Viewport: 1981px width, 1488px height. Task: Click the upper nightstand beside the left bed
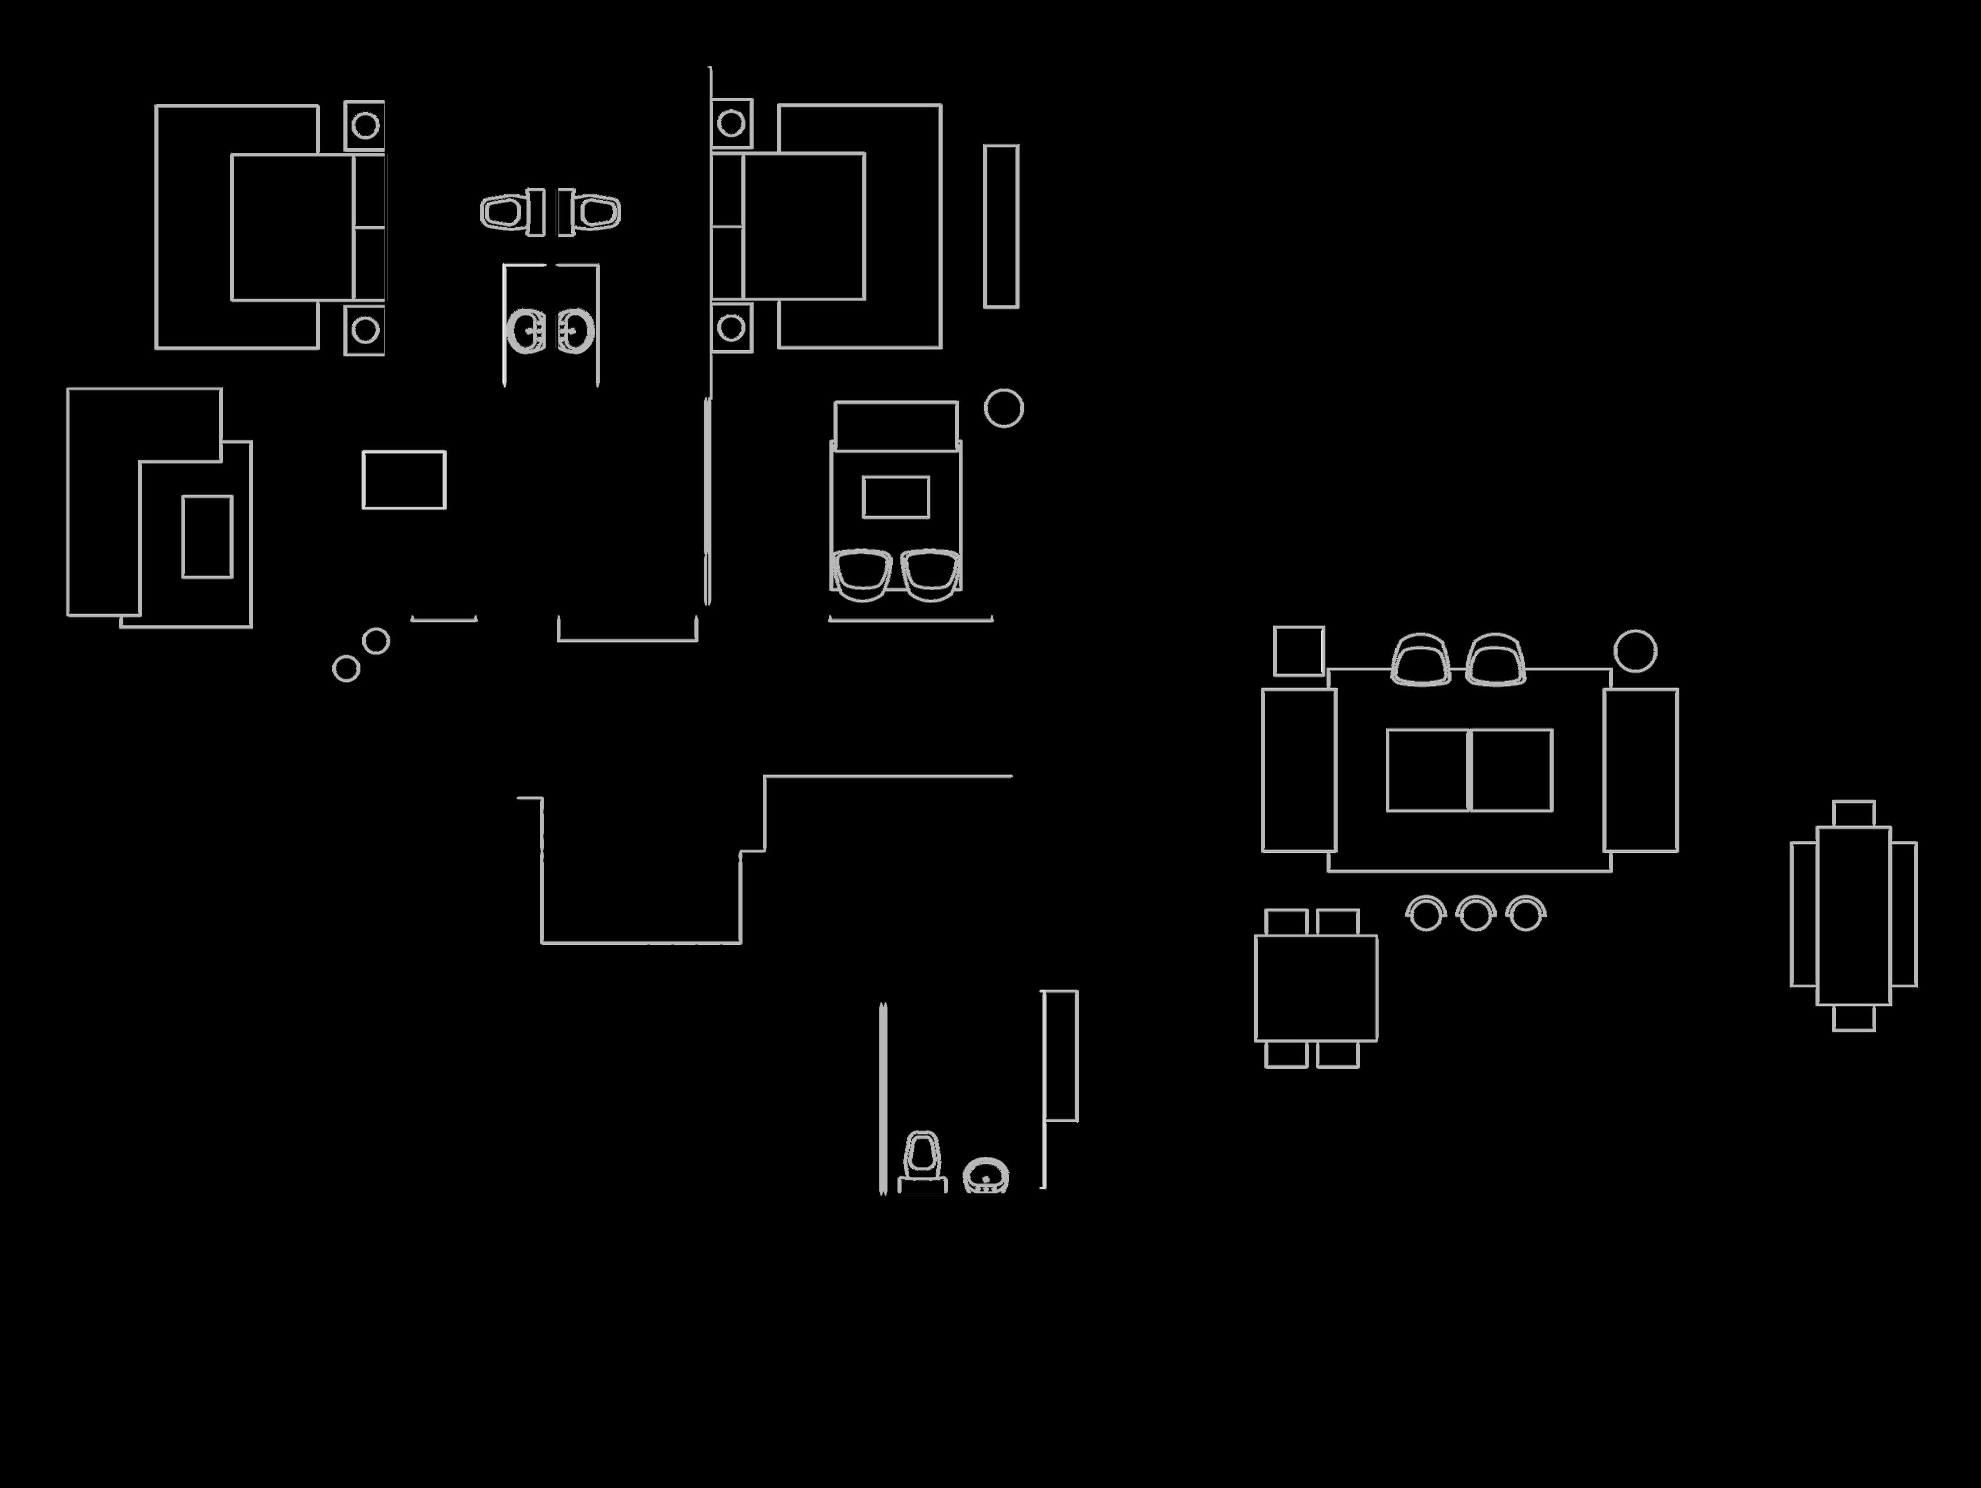[365, 126]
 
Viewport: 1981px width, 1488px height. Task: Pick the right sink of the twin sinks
[576, 331]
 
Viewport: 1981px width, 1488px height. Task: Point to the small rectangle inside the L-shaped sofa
[207, 537]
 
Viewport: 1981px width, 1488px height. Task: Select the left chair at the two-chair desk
[862, 573]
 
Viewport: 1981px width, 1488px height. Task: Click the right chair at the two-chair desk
[930, 573]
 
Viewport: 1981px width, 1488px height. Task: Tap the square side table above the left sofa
[1298, 651]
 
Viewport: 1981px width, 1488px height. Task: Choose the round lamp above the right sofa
[1635, 651]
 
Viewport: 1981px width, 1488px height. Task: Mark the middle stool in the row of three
[1475, 914]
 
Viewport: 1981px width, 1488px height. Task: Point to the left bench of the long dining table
[1803, 914]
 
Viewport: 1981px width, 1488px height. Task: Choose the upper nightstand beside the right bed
[731, 124]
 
